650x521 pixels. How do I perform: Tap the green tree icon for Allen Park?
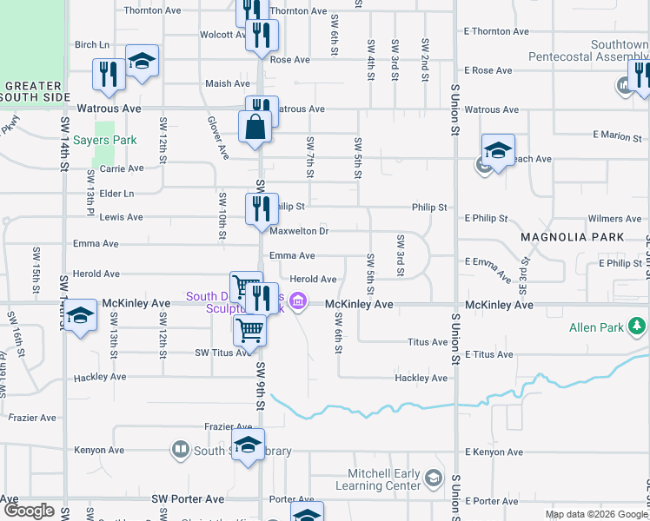[x=638, y=326]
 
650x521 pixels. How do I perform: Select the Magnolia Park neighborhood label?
[x=572, y=237]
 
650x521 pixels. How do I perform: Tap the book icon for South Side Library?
[x=181, y=450]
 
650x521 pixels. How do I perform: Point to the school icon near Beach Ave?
[x=498, y=151]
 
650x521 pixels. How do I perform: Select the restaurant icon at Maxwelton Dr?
[x=259, y=209]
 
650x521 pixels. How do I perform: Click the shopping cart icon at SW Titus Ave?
[x=249, y=331]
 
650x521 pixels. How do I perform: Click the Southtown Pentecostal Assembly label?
[x=588, y=50]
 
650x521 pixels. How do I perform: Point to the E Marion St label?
[x=618, y=135]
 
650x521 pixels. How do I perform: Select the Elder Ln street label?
[x=117, y=194]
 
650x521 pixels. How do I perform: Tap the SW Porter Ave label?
[x=189, y=499]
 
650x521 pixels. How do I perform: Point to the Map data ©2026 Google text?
[x=594, y=514]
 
